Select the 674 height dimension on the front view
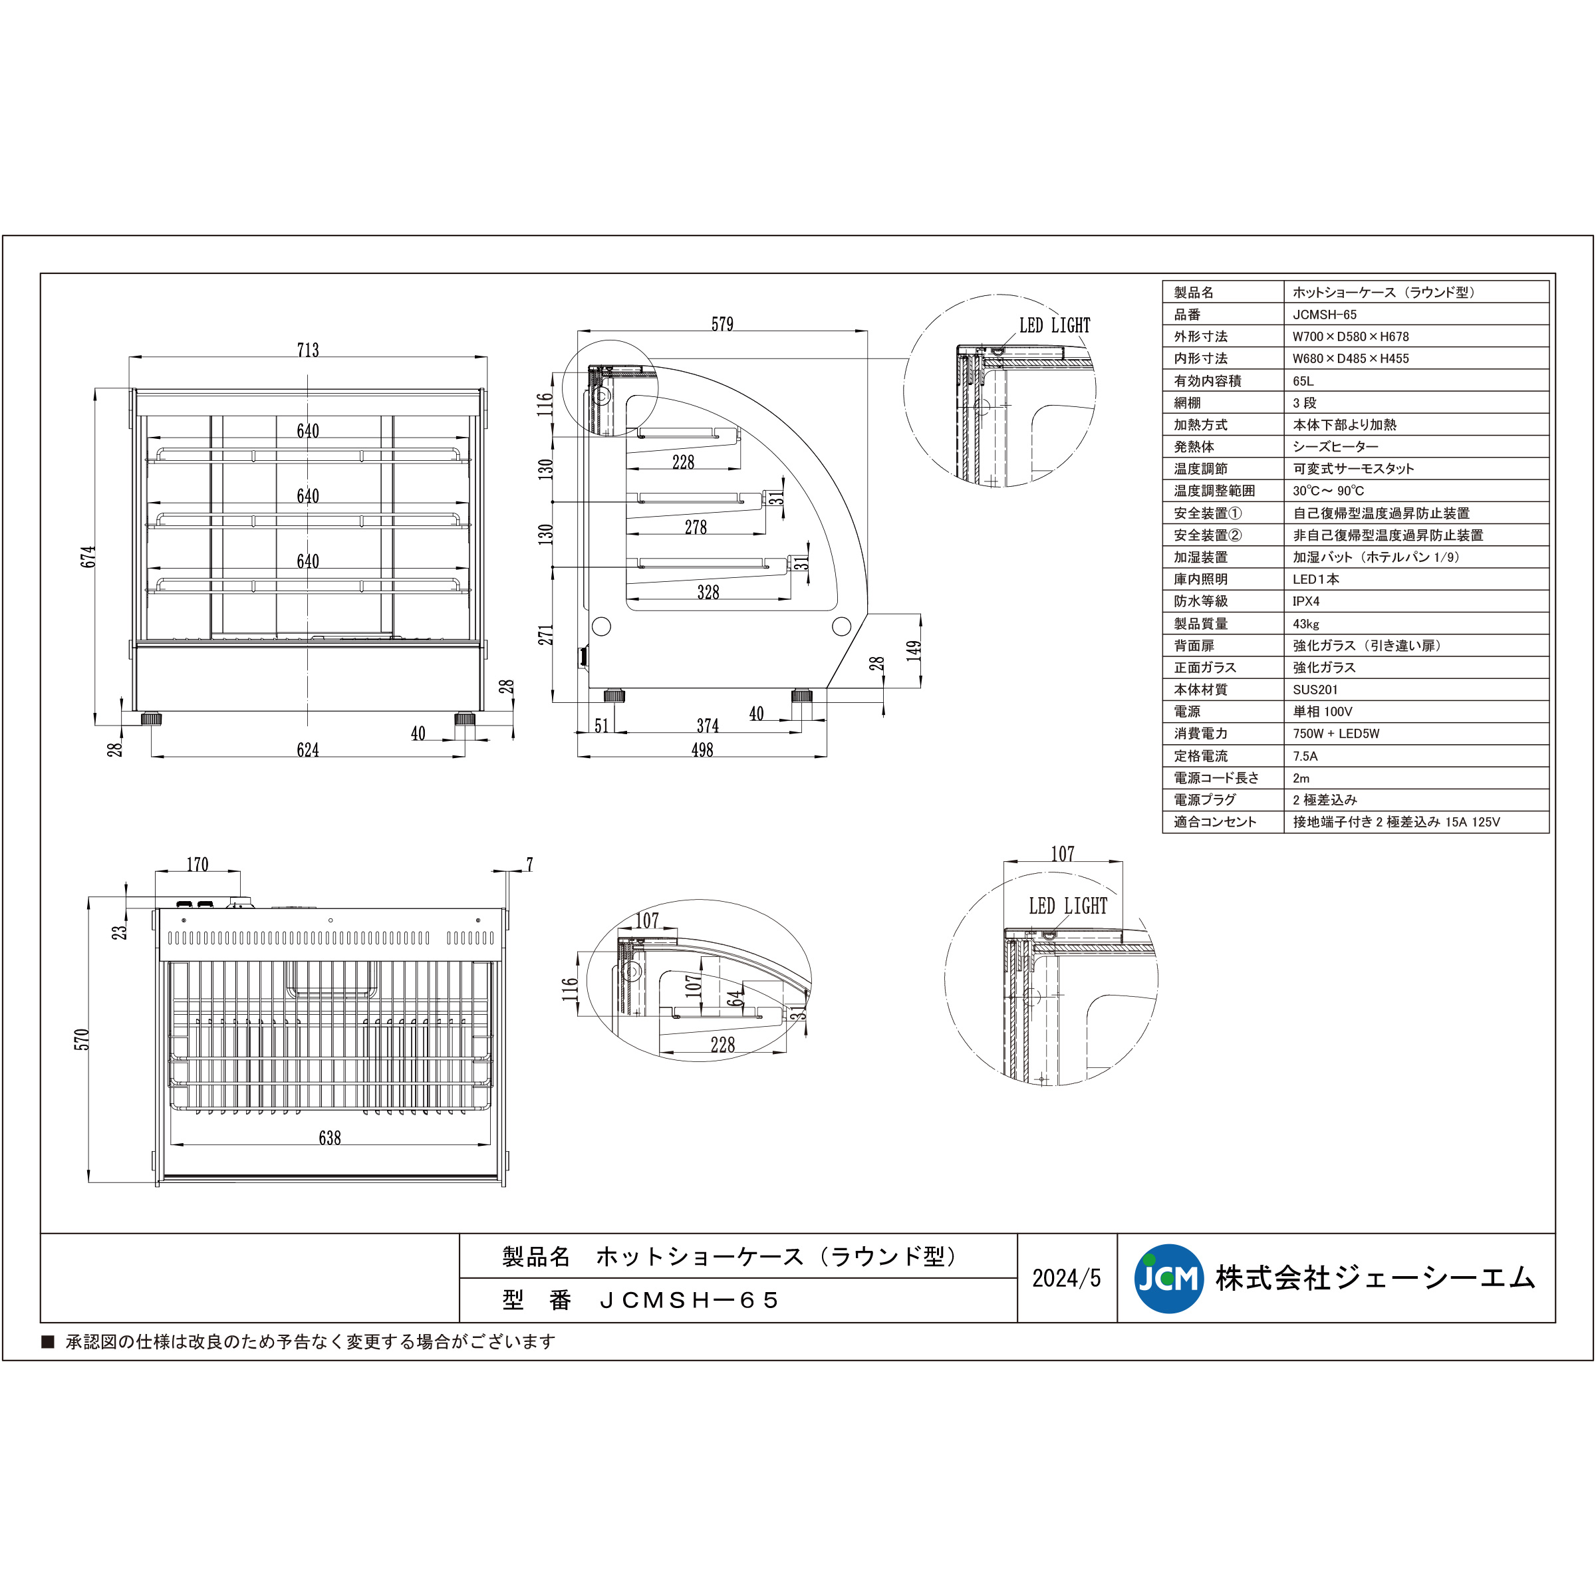pos(88,556)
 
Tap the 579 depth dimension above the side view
pos(722,324)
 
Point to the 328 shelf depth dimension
pos(708,593)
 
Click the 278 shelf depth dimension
pos(696,527)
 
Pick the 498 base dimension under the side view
pos(702,750)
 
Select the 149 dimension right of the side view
pos(913,650)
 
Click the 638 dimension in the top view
pos(330,1138)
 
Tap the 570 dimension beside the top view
pos(81,1039)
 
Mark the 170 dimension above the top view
pos(197,864)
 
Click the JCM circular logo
pos(1168,1278)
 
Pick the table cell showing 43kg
pos(1306,624)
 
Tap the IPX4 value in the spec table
pos(1306,601)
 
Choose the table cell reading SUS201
pos(1315,690)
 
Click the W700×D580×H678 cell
pos(1351,336)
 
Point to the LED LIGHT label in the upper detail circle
pos(1054,325)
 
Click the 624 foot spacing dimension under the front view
pos(307,750)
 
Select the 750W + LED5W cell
pos(1336,733)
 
